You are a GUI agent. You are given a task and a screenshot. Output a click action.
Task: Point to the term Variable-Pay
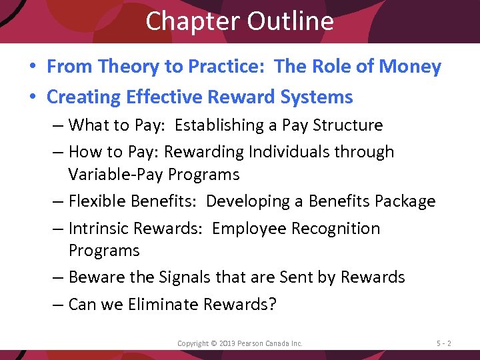(108, 175)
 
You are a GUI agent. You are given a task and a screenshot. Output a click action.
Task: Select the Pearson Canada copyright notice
(239, 343)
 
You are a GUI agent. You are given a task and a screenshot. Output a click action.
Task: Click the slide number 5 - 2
(444, 343)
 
